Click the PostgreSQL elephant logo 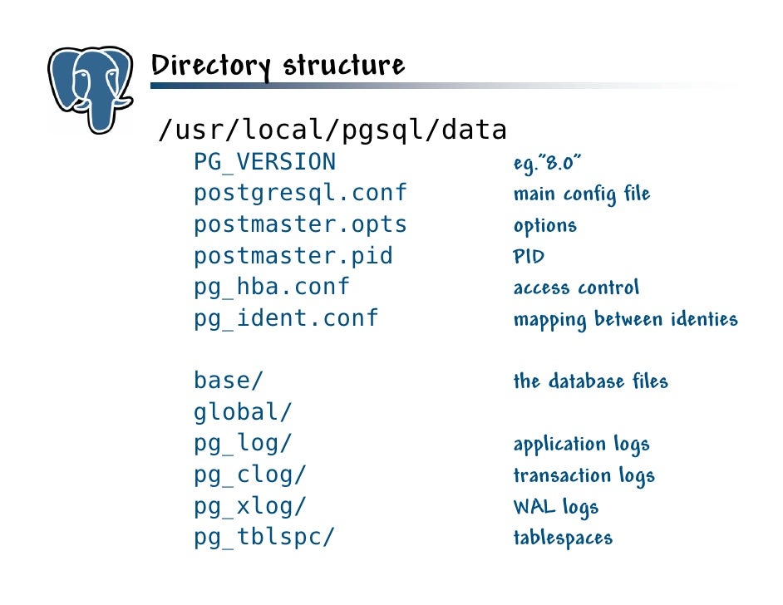(x=90, y=90)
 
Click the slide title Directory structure (x=278, y=66)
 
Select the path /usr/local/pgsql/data (x=332, y=130)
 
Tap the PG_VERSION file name (x=264, y=162)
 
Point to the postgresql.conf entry (x=300, y=194)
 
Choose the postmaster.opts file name (x=300, y=224)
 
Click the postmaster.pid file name (x=293, y=256)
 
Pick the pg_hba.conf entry (x=272, y=287)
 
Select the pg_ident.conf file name (x=286, y=318)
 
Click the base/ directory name (x=229, y=381)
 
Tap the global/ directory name (x=243, y=412)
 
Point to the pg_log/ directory (x=243, y=443)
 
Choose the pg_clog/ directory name (x=250, y=475)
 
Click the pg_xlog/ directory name (x=250, y=506)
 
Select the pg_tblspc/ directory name (x=264, y=537)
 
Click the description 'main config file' (x=582, y=194)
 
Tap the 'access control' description (x=576, y=288)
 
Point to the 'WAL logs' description (x=555, y=507)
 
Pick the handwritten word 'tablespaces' (x=563, y=538)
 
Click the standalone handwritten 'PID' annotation (x=529, y=257)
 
